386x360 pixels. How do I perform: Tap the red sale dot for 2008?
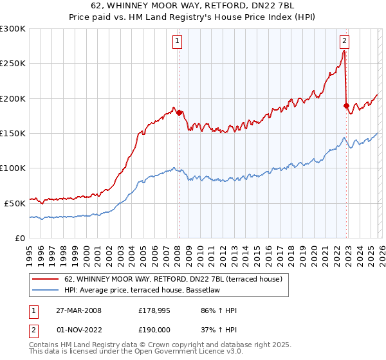[179, 113]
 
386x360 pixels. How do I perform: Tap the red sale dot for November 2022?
[346, 105]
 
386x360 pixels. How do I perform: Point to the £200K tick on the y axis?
[13, 98]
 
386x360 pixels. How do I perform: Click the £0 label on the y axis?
[21, 238]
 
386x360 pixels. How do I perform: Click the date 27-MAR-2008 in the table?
[76, 310]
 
